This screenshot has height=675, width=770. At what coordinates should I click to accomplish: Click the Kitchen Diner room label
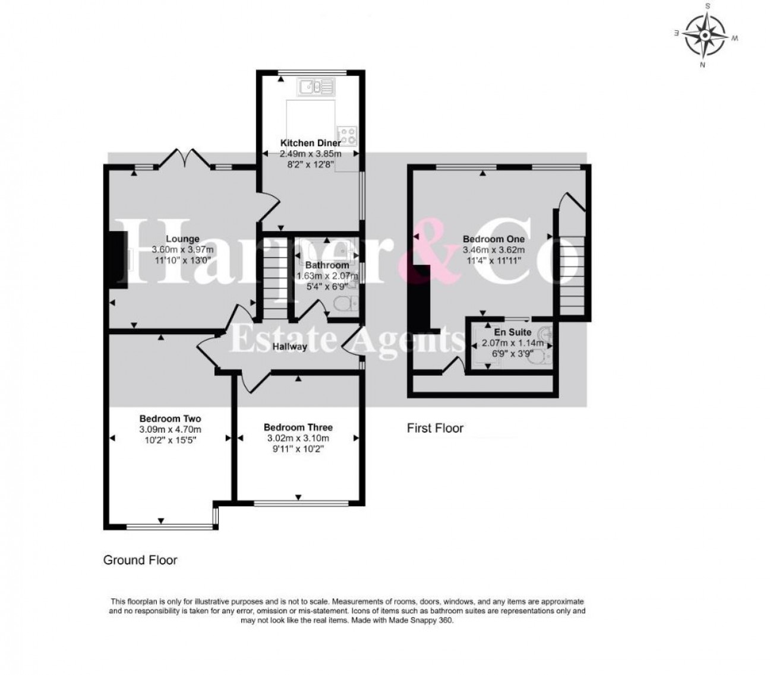coord(310,143)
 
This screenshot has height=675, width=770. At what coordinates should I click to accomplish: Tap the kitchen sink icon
coord(317,88)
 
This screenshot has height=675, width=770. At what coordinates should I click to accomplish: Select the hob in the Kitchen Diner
coord(346,136)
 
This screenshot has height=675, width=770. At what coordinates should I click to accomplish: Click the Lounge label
coord(183,239)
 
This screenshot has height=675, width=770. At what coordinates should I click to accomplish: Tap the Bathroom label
coord(327,265)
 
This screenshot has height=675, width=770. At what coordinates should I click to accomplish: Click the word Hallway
coord(290,347)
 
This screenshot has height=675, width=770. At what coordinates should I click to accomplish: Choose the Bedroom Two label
coord(170,419)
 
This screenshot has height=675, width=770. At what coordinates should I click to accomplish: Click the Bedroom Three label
coord(298,427)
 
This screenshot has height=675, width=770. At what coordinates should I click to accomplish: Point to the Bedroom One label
coord(494,239)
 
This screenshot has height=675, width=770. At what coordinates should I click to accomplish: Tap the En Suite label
coord(514,332)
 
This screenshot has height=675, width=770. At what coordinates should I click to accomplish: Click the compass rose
coord(705,35)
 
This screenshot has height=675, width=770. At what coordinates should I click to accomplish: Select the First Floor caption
coord(435,428)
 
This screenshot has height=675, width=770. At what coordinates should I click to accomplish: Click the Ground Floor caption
coord(140,560)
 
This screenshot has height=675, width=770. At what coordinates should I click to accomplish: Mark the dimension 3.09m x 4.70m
coord(170,429)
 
